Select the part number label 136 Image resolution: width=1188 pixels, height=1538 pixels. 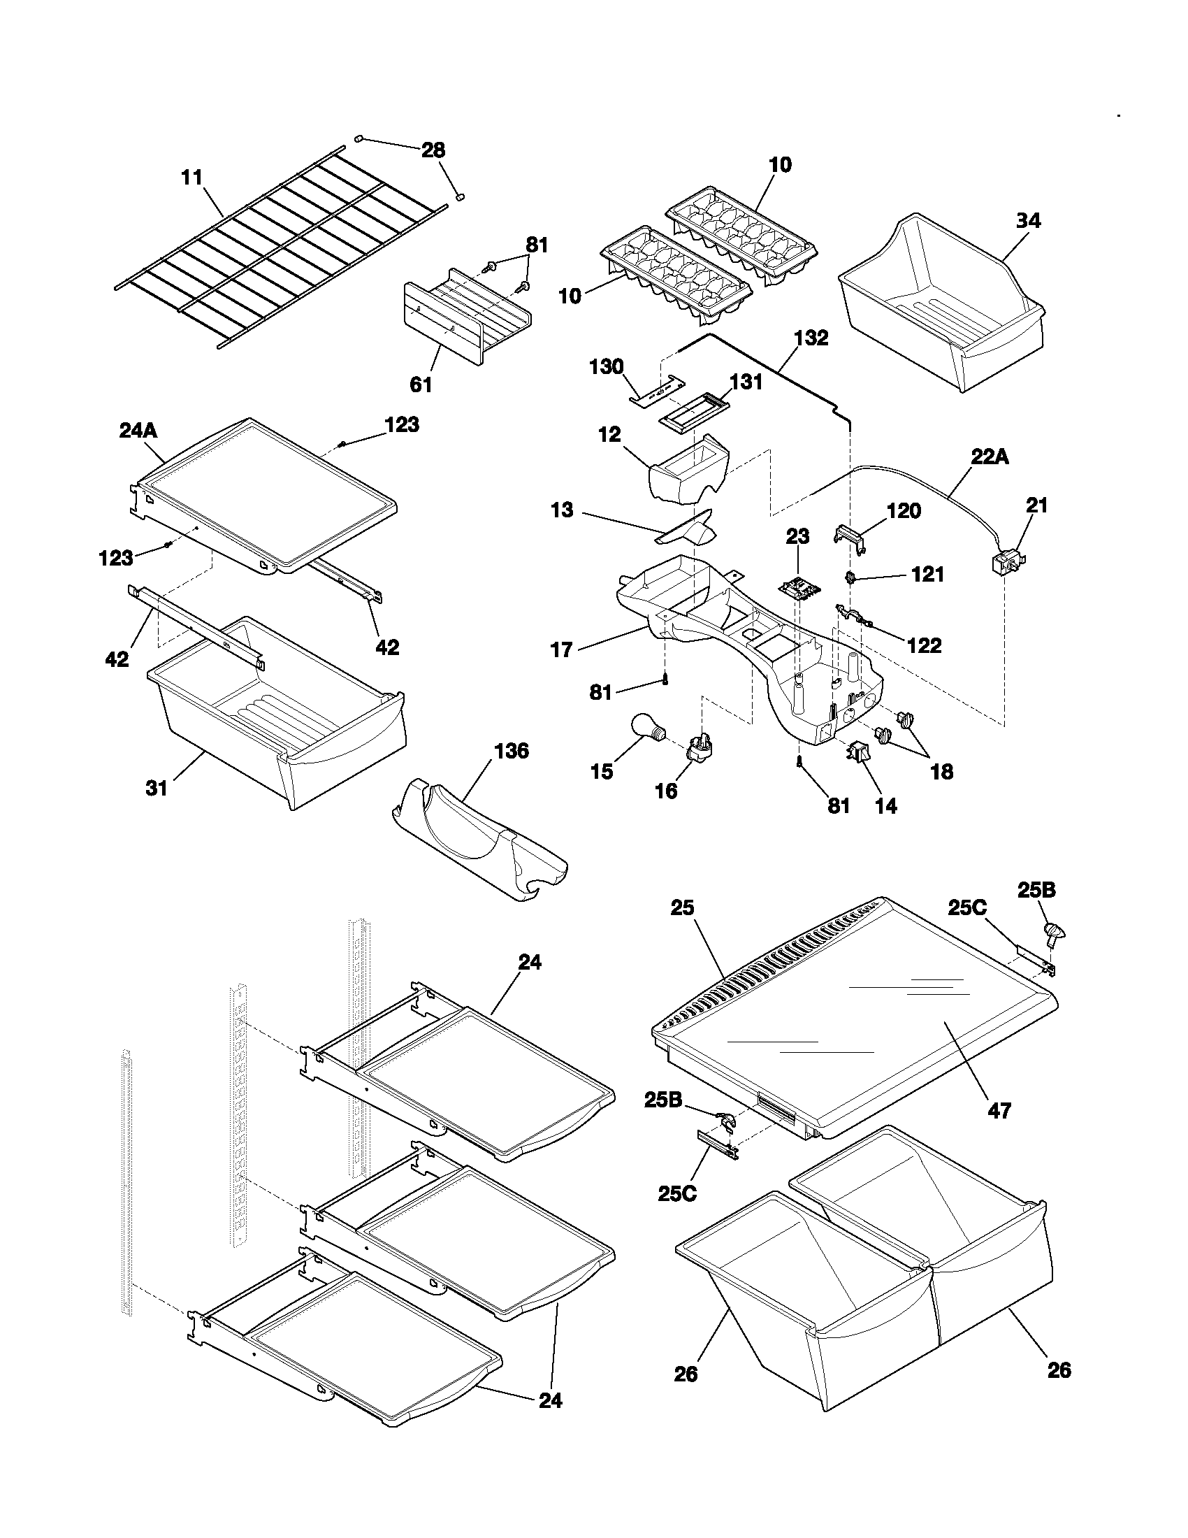pyautogui.click(x=512, y=752)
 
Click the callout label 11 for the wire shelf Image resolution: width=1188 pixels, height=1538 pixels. pyautogui.click(x=191, y=178)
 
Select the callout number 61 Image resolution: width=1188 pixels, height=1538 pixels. pyautogui.click(x=421, y=384)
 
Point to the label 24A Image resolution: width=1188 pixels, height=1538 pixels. pyautogui.click(x=138, y=430)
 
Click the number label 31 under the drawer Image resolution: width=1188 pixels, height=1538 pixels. pyautogui.click(x=157, y=788)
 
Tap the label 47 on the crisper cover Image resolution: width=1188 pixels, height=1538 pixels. pyautogui.click(x=999, y=1112)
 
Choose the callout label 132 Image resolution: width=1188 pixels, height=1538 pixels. pyautogui.click(x=811, y=338)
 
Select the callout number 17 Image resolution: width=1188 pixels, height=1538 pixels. pyautogui.click(x=562, y=649)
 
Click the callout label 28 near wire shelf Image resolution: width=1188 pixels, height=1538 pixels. pyautogui.click(x=433, y=150)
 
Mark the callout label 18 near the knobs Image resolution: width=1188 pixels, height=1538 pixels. pyautogui.click(x=942, y=771)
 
